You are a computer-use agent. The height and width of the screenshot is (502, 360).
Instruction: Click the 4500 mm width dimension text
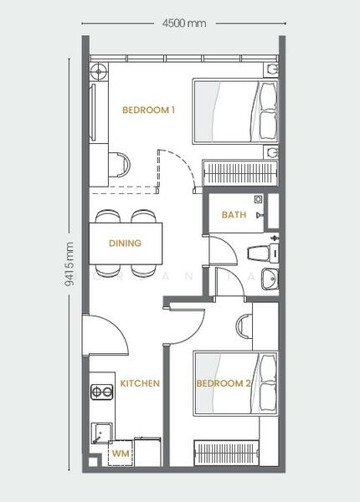pos(184,23)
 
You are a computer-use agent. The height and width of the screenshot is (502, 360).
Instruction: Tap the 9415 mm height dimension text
pos(69,264)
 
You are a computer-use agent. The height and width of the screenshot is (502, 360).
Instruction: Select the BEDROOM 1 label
pos(149,110)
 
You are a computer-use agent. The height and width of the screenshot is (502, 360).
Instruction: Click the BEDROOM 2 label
pos(224,383)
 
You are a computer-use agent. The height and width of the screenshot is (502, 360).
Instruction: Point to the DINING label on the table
pos(126,243)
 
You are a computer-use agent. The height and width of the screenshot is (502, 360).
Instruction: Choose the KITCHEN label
pos(140,383)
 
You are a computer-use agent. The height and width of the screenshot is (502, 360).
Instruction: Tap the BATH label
pos(234,214)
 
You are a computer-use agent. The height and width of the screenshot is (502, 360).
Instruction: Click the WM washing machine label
pos(121,453)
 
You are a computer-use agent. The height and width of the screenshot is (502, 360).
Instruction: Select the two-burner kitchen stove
pos(102,392)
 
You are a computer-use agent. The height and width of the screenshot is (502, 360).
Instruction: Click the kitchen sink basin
pos(102,433)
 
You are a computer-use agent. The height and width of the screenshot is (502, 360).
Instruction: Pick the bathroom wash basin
pos(270,279)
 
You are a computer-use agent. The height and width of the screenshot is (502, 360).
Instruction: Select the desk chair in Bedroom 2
pos(244,326)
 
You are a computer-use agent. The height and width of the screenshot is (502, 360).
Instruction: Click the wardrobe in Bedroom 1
pos(240,173)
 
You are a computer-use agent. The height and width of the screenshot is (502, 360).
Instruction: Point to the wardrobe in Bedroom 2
pos(226,453)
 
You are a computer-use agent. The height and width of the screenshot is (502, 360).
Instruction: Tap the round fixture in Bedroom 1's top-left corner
pos(99,71)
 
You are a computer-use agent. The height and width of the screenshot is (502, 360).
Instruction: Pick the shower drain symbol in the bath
pos(258,199)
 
